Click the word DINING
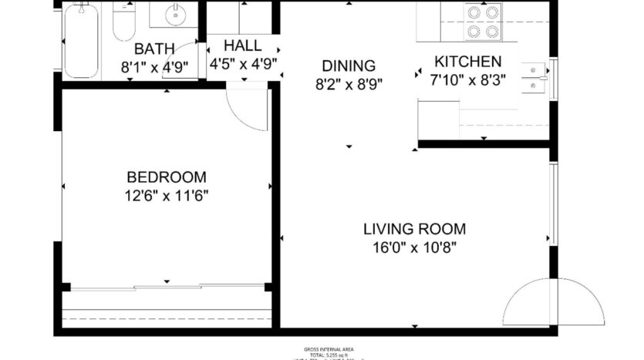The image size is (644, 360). pyautogui.click(x=349, y=66)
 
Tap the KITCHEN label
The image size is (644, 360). pyautogui.click(x=467, y=62)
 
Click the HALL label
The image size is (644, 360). pyautogui.click(x=243, y=45)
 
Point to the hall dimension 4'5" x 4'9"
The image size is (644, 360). pyautogui.click(x=243, y=64)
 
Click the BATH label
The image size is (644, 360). pyautogui.click(x=154, y=49)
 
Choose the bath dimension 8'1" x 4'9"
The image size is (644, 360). pyautogui.click(x=154, y=67)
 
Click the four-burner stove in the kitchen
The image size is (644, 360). pyautogui.click(x=482, y=22)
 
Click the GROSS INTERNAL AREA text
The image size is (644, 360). pyautogui.click(x=322, y=349)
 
